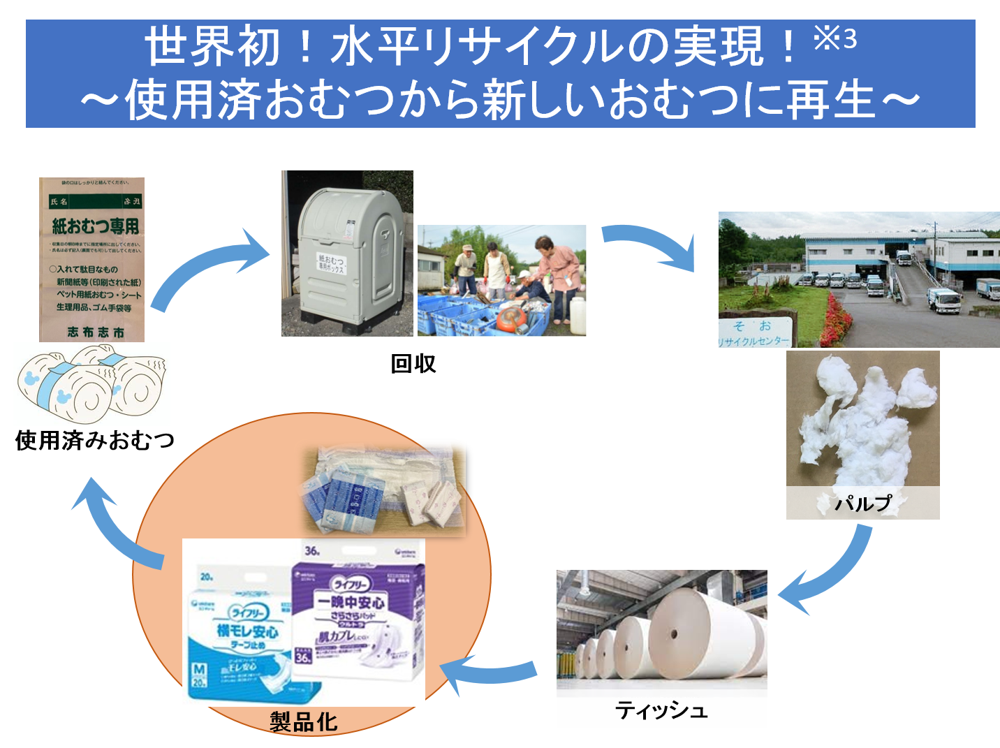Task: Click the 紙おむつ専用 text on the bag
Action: point(96,226)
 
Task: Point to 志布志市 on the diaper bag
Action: point(96,332)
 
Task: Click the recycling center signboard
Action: point(757,332)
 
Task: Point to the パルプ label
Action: point(863,503)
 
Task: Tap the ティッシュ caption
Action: point(661,710)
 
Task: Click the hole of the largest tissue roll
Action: point(674,635)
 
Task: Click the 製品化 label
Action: point(304,722)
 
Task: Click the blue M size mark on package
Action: point(199,670)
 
